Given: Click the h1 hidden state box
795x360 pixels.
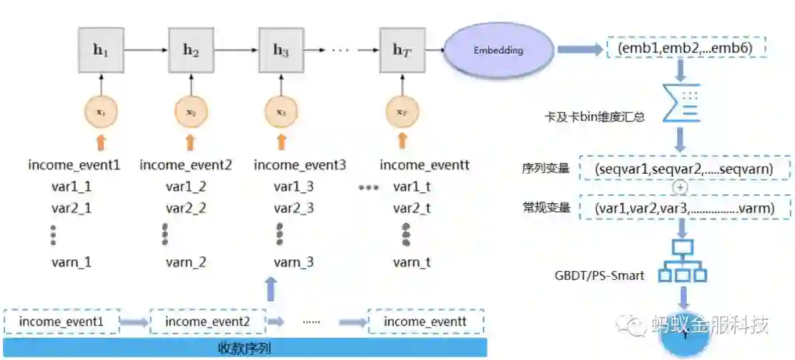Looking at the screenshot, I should coord(101,50).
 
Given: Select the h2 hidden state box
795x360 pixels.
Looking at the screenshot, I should coord(191,50).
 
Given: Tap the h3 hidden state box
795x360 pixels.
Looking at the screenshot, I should coord(281,50).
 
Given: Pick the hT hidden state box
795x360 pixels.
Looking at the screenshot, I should coord(402,50).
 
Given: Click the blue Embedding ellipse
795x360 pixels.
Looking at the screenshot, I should coord(498,51).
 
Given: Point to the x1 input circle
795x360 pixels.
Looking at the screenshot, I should coord(101,112).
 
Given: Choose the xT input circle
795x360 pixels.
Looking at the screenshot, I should coord(402,112).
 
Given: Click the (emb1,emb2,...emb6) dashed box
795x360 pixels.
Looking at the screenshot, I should coord(685,49).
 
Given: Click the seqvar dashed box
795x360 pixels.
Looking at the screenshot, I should coord(685,169).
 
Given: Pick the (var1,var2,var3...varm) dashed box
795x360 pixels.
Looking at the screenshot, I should coord(685,208).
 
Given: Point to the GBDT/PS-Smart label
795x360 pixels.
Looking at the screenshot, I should coord(599,276).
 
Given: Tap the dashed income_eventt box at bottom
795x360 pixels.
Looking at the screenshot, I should coord(425,322).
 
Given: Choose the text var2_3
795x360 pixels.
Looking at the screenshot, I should coord(294,208).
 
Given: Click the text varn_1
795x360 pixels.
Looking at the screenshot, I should coord(71,261).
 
